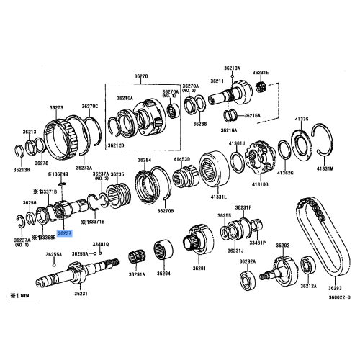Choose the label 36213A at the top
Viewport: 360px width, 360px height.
point(232,68)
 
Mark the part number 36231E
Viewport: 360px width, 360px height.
point(260,72)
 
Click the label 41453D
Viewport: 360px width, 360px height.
point(181,160)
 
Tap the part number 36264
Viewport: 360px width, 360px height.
point(145,160)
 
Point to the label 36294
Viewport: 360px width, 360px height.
point(164,274)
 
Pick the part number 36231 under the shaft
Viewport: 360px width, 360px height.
point(79,293)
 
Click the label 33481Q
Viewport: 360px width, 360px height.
point(99,244)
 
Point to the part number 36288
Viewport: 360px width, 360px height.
point(199,124)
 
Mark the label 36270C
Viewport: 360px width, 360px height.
point(89,106)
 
